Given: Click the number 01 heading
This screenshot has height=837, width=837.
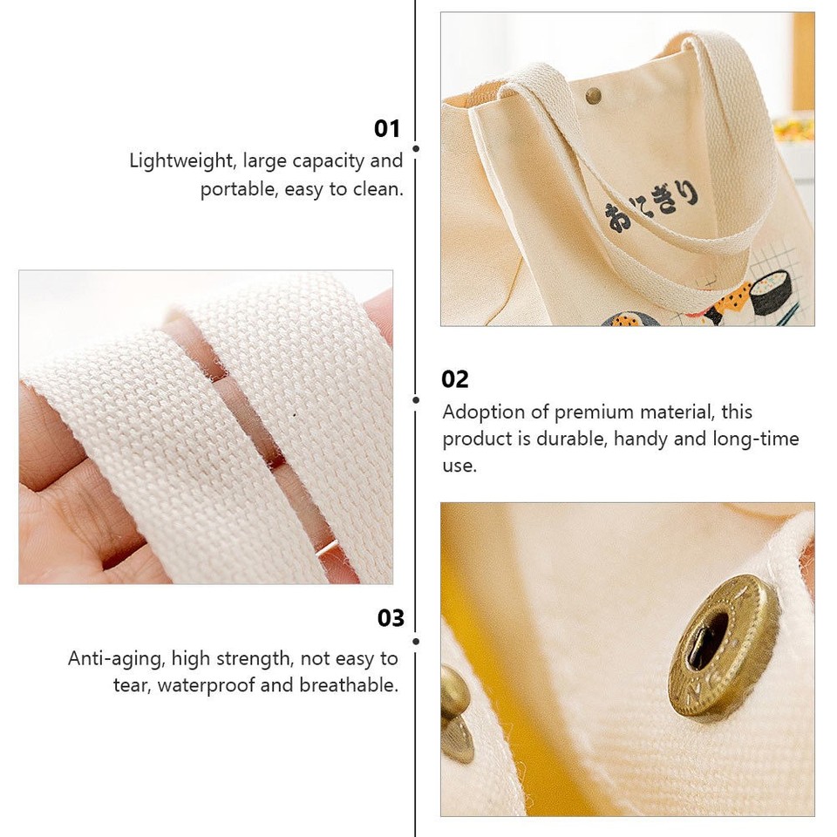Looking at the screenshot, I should click(x=387, y=129).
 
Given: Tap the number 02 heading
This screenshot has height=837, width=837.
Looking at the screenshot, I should click(x=455, y=379).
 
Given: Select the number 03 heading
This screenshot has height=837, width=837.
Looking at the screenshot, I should click(x=391, y=618).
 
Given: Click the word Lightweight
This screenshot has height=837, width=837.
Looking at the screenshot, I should click(x=182, y=161).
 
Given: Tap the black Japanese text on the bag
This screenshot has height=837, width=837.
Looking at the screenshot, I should click(x=654, y=205).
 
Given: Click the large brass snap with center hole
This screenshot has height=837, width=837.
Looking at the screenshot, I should click(x=723, y=645).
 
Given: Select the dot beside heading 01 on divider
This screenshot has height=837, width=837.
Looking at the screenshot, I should click(x=416, y=149).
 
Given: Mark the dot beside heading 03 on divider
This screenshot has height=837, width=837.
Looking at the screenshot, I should click(x=416, y=642).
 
